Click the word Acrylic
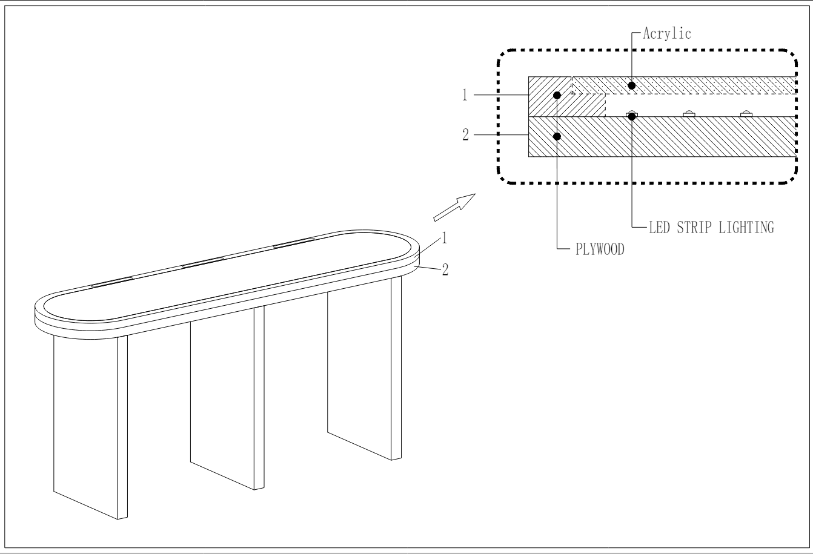tap(667, 34)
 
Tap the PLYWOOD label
tap(600, 249)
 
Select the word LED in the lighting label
tap(659, 228)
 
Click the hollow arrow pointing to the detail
tap(454, 207)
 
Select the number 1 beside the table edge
tap(444, 239)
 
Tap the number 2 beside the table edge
tap(445, 269)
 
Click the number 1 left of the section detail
tap(465, 95)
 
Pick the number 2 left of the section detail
tap(466, 135)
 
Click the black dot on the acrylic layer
tap(631, 85)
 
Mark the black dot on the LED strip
tap(631, 116)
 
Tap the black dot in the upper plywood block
tap(557, 96)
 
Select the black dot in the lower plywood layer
tap(557, 136)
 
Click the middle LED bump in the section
tap(689, 114)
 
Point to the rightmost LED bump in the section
tap(746, 114)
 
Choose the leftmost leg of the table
tap(91, 424)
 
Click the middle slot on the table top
tap(204, 262)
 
